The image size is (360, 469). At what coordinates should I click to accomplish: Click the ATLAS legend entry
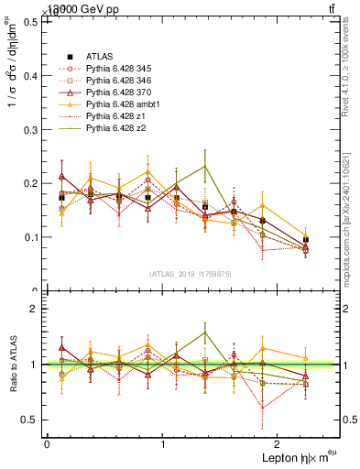pos(98,56)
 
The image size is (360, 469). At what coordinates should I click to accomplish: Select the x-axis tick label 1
pos(162,443)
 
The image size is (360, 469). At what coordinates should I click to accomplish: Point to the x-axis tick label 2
pos(278,443)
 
